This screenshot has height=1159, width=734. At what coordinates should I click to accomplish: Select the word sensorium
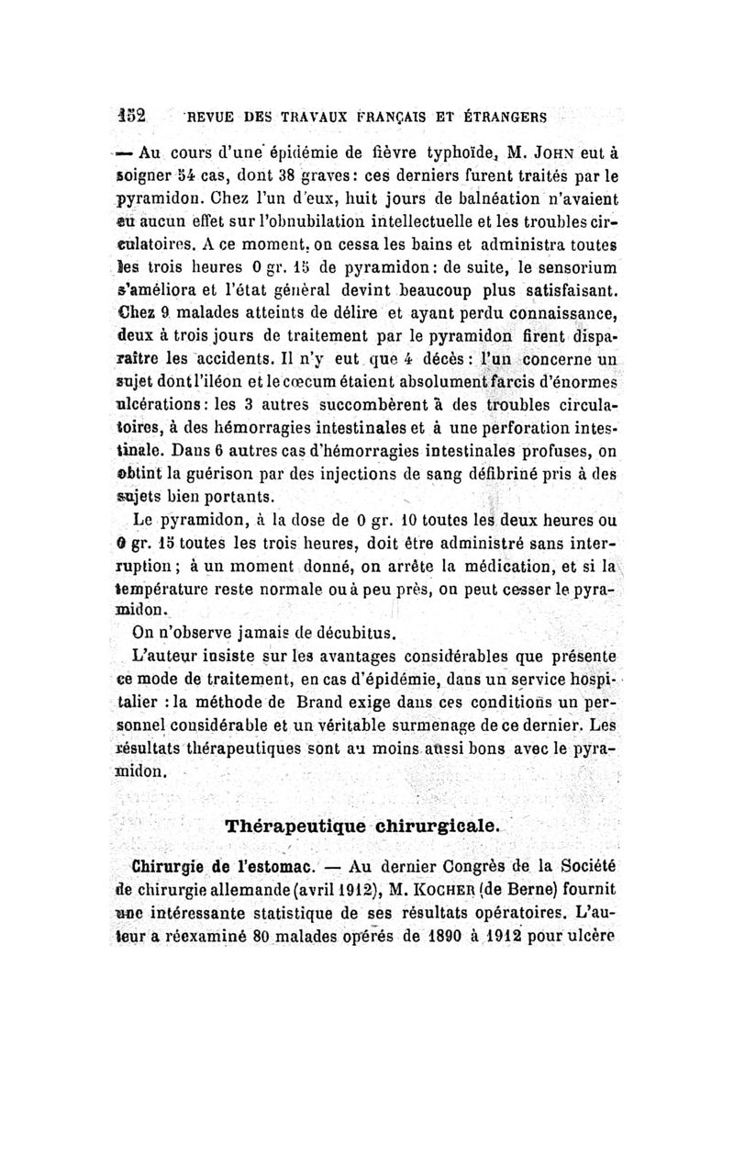pos(570,267)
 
